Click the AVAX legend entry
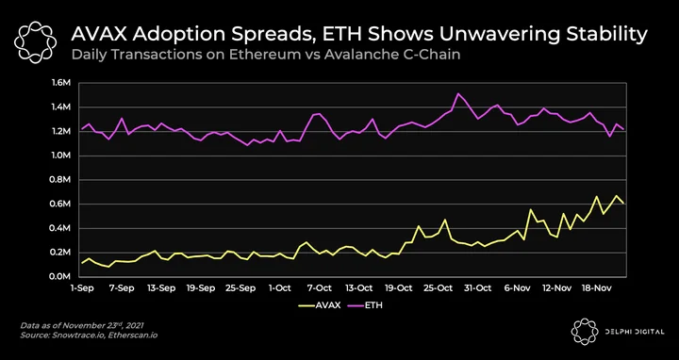click(x=320, y=305)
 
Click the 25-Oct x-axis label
click(x=438, y=288)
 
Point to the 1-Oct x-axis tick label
click(x=280, y=288)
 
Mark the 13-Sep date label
click(x=161, y=288)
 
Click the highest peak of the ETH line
click(x=458, y=93)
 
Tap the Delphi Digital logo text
click(x=635, y=332)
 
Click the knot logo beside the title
click(x=35, y=42)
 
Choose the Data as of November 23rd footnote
click(x=82, y=326)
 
